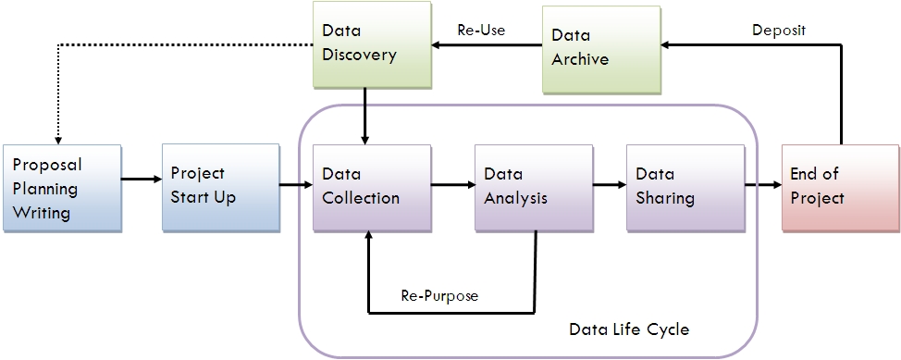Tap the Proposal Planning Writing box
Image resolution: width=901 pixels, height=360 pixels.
(61, 187)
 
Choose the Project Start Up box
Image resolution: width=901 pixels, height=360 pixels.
(220, 187)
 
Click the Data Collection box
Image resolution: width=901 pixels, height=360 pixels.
(372, 187)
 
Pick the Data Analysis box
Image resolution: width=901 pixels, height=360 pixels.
(533, 187)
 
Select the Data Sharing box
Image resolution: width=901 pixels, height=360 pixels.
(685, 187)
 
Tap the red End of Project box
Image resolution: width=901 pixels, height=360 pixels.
(839, 187)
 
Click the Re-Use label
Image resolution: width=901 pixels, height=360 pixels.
(481, 30)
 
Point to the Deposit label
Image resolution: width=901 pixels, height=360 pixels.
(778, 30)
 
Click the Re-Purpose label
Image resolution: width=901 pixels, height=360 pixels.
(440, 296)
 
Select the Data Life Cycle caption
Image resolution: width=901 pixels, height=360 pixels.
(629, 329)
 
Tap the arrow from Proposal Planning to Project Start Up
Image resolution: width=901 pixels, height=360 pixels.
(142, 179)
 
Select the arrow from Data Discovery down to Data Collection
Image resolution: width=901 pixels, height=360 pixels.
(367, 117)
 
